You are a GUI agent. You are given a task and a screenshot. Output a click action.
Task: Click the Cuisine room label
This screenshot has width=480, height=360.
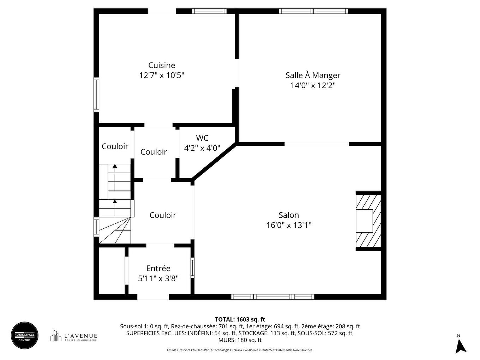tap(162, 65)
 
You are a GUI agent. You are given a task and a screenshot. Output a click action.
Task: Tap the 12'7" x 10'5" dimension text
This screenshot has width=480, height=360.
tap(162, 75)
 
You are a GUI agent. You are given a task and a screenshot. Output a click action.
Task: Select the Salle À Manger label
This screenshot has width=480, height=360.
tap(313, 75)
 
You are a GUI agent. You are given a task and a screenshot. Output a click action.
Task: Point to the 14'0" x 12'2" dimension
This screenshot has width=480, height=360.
tap(313, 85)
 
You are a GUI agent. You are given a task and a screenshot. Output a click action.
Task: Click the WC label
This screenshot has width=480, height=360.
tap(202, 138)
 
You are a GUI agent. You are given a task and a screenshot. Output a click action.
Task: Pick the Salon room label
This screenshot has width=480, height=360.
tap(289, 215)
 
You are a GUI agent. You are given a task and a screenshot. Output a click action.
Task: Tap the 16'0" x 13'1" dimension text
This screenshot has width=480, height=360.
tap(289, 225)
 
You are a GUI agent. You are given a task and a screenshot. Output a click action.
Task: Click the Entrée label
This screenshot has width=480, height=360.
tap(158, 269)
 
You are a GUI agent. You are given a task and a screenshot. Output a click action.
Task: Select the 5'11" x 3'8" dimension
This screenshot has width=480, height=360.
tap(158, 278)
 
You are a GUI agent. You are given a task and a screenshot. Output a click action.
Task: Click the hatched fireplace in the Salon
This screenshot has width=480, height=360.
tap(368, 221)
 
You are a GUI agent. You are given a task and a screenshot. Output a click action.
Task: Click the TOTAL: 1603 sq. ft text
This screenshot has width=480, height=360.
tap(240, 320)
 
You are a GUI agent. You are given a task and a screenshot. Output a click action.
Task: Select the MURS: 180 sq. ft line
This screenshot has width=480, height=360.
tap(240, 340)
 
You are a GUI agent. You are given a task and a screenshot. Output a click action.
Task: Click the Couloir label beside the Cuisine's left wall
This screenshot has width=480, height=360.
tap(115, 146)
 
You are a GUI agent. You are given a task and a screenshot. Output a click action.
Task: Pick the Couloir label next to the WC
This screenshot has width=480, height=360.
tap(154, 152)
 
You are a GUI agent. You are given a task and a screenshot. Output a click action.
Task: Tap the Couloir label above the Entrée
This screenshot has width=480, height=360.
tap(163, 215)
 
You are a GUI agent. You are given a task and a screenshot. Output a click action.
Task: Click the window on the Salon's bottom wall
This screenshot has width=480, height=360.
tap(272, 297)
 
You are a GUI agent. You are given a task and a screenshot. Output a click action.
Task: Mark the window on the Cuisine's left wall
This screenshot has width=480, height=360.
tap(96, 95)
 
